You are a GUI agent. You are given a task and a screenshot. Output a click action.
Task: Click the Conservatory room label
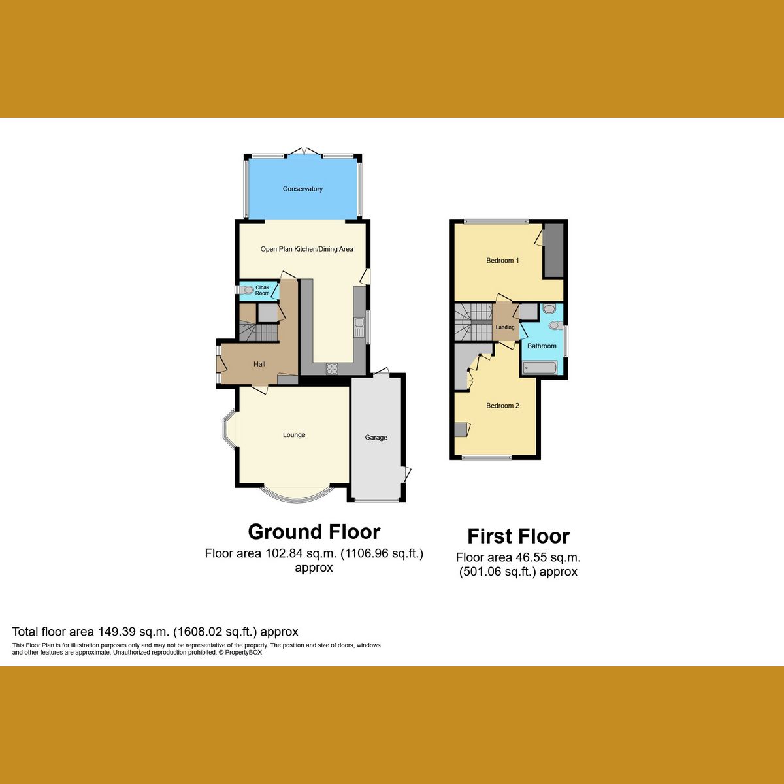(x=302, y=189)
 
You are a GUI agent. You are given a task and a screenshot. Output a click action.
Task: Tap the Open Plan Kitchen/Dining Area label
(x=306, y=249)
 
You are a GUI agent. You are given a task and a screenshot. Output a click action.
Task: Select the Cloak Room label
(x=262, y=290)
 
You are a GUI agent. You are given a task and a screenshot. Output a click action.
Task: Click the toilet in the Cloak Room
(x=246, y=290)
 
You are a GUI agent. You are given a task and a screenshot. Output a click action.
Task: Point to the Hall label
(x=259, y=364)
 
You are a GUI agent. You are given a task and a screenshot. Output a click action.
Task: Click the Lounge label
(x=294, y=435)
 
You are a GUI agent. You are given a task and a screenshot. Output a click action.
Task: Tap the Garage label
(x=376, y=438)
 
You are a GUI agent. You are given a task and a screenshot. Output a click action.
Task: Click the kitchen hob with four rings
(x=332, y=368)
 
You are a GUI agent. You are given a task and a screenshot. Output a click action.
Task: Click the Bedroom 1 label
(x=502, y=261)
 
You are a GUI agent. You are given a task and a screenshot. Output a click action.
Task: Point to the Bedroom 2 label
(x=502, y=406)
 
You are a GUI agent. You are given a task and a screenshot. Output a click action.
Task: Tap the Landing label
(x=505, y=327)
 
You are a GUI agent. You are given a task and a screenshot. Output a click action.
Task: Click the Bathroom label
(x=542, y=346)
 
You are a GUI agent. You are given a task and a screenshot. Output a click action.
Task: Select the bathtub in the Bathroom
(x=540, y=369)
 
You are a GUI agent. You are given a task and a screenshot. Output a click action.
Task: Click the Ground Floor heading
(x=314, y=532)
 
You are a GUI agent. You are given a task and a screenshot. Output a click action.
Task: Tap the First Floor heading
(x=519, y=536)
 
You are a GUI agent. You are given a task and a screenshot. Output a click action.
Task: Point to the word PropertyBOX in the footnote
(x=243, y=652)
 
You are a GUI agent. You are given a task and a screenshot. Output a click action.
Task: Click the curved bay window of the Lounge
(x=295, y=497)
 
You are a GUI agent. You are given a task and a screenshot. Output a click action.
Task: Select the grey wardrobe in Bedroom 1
(x=553, y=250)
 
